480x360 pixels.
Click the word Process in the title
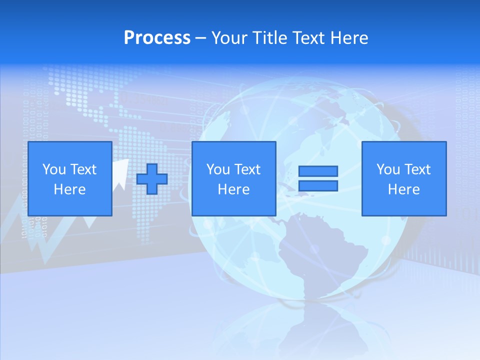click(x=157, y=38)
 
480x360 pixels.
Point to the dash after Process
click(x=201, y=38)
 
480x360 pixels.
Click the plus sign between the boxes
click(x=152, y=179)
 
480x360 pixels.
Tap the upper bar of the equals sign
click(x=318, y=171)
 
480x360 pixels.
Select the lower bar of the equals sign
click(x=318, y=186)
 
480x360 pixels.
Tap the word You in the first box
click(x=54, y=169)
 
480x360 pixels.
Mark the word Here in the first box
click(x=70, y=189)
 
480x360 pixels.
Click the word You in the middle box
click(x=218, y=169)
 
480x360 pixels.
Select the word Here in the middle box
click(x=234, y=189)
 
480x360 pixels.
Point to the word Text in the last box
click(x=417, y=169)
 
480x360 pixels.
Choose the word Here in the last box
click(x=404, y=189)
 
